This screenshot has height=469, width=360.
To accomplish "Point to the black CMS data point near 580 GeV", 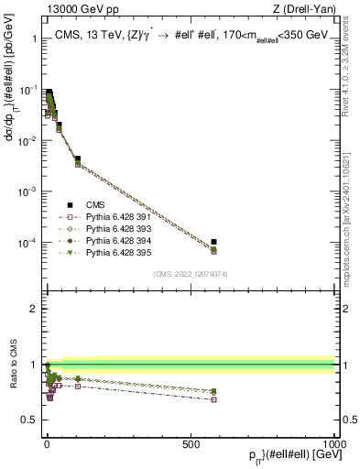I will (213, 242).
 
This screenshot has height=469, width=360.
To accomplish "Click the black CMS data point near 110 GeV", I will (78, 159).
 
